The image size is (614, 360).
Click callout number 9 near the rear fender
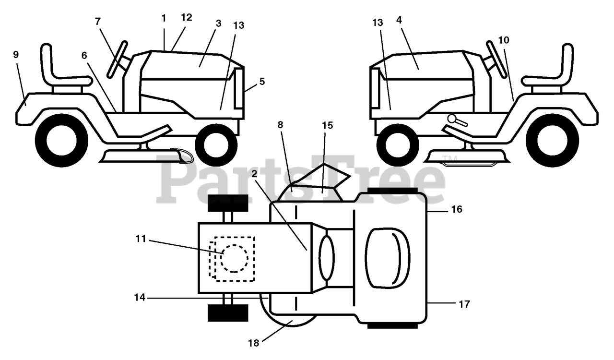coord(16,54)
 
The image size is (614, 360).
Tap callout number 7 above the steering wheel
coord(98,21)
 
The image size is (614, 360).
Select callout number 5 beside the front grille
coord(262,81)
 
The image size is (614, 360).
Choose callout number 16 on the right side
coord(457,209)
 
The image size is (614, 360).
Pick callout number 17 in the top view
coord(464,304)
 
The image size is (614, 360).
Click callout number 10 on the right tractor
coord(503,40)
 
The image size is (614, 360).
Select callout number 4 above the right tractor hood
coord(399,20)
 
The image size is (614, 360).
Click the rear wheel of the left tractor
coord(61,140)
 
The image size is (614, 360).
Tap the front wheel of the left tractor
coord(216,144)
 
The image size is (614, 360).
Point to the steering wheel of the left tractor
coord(117,60)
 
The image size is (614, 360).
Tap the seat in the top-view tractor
coord(388,258)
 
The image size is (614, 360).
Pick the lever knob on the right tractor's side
coord(452,118)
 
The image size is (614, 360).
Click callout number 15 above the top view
coord(327,126)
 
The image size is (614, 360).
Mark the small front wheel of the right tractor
coord(396,144)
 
